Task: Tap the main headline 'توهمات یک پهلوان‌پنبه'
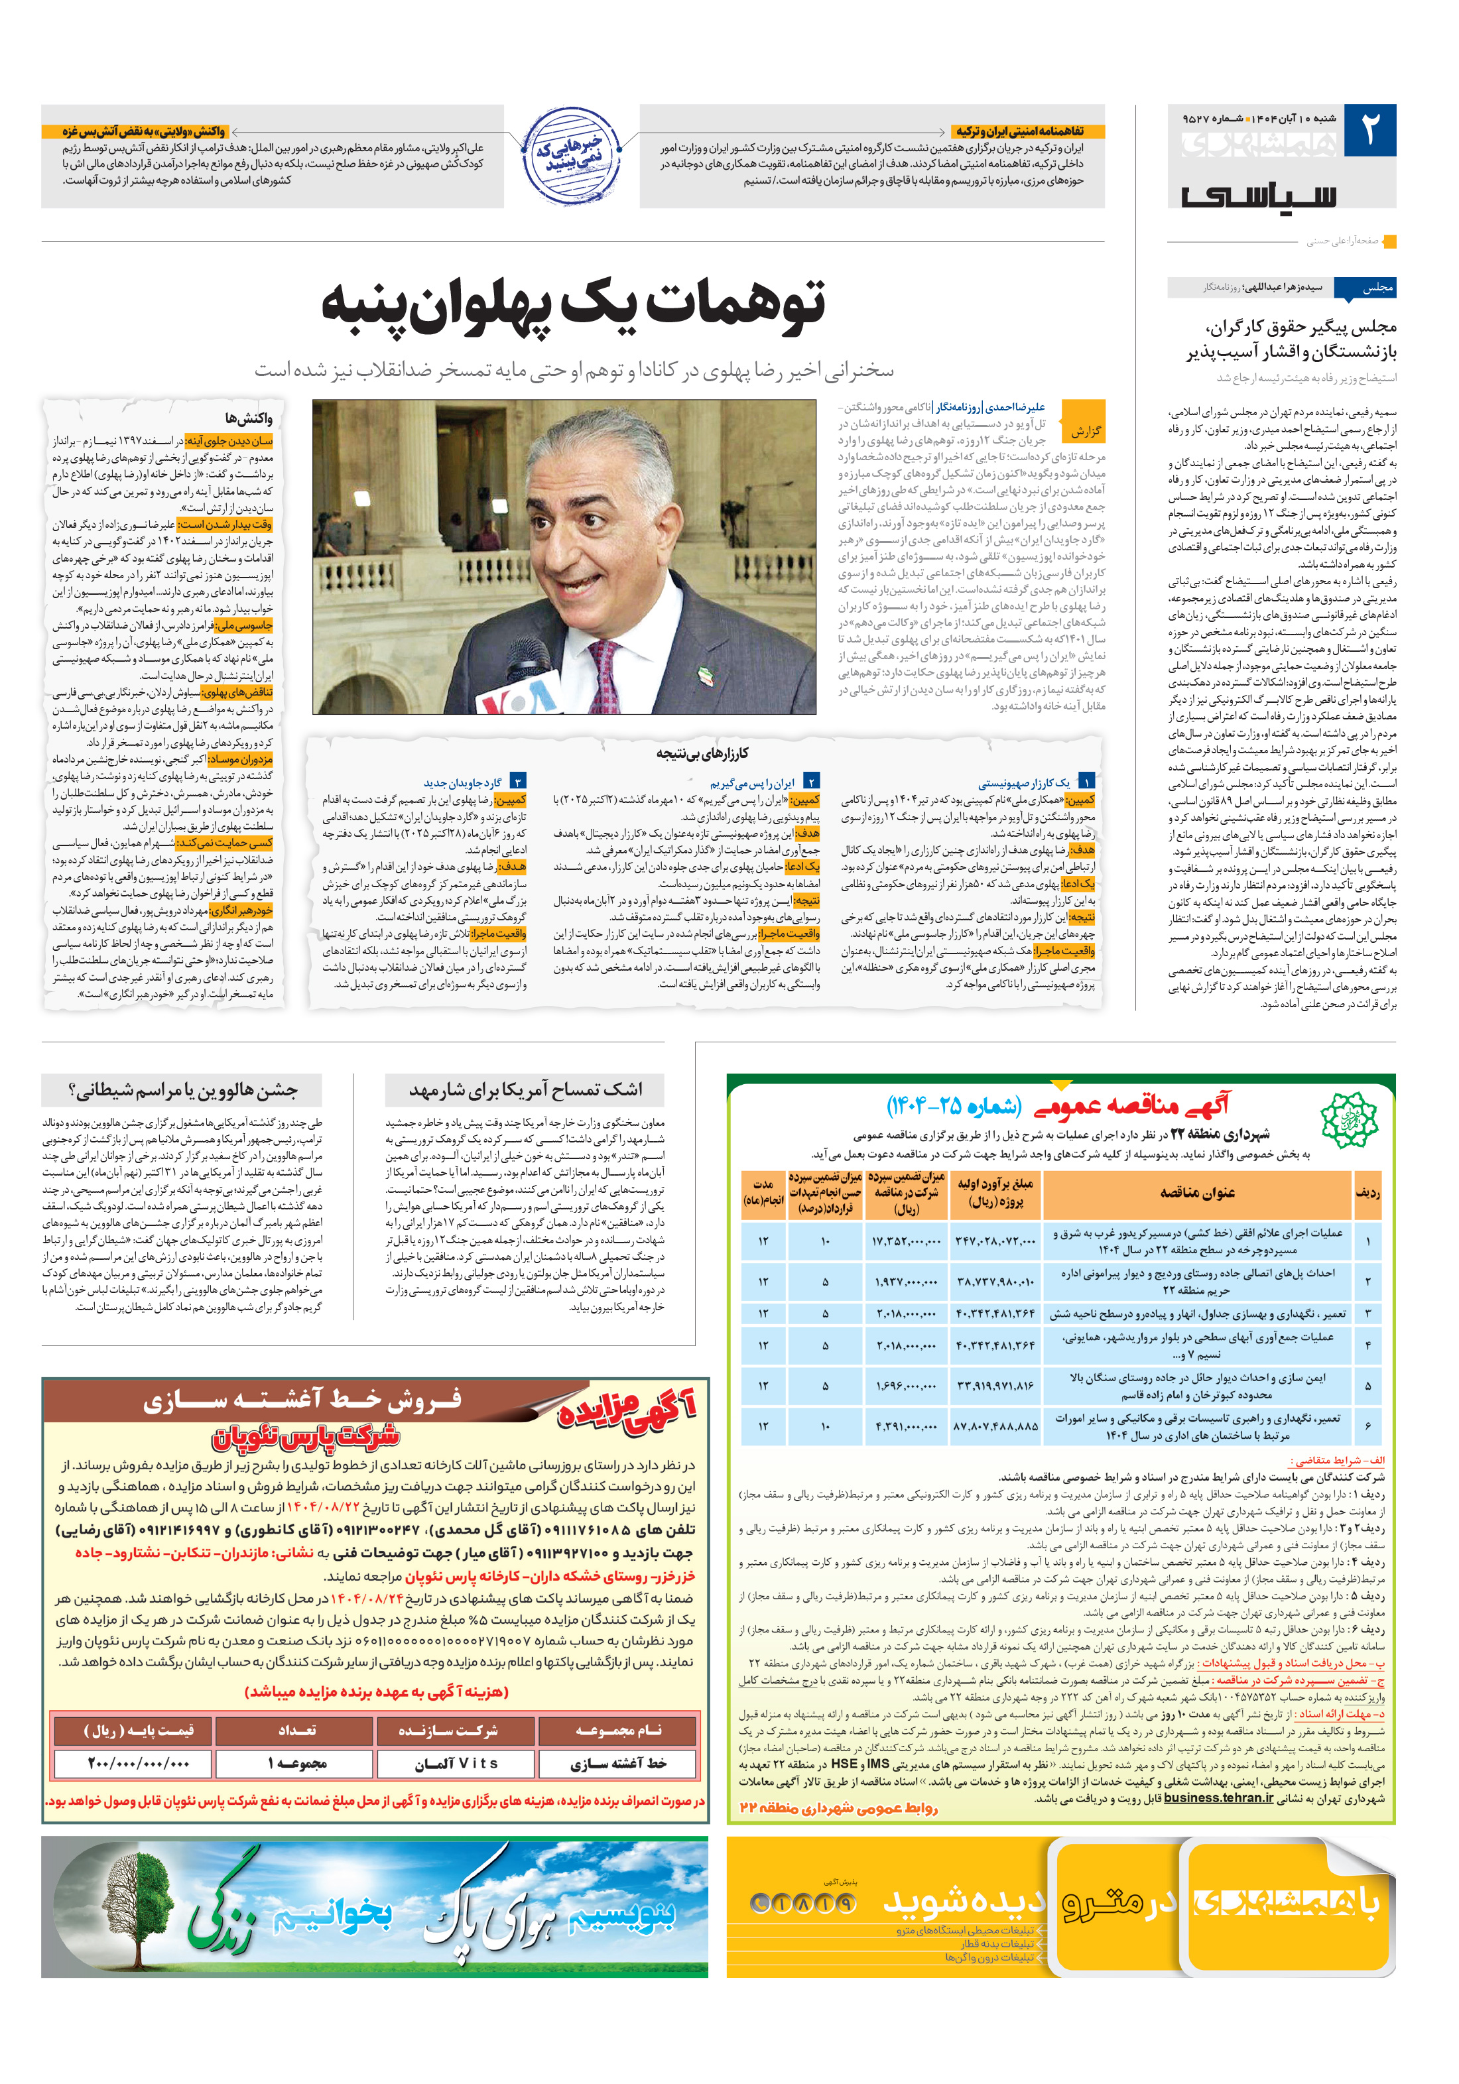[574, 303]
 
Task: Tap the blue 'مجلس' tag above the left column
[1376, 288]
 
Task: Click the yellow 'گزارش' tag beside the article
[1085, 431]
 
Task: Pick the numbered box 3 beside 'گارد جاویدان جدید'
[517, 782]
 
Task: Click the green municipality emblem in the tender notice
[1348, 1119]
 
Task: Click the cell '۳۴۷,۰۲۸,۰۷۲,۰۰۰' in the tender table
[994, 1241]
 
